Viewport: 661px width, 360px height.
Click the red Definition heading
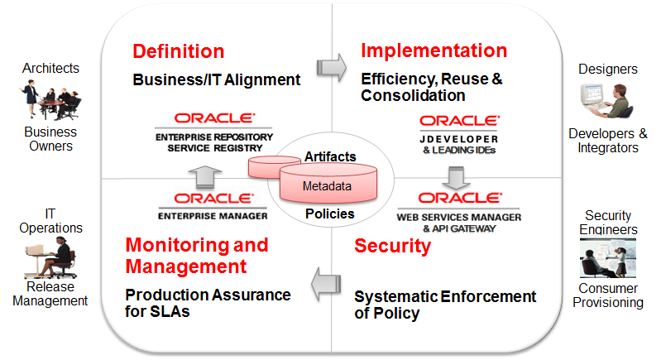[178, 51]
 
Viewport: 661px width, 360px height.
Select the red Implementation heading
[433, 50]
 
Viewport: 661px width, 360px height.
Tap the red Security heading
[392, 246]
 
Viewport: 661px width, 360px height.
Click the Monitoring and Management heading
[196, 255]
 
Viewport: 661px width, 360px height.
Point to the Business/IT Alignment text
[216, 80]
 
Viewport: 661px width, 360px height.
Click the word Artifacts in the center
[330, 156]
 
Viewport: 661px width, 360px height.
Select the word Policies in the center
[329, 214]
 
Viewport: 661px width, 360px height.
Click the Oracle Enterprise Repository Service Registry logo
[213, 132]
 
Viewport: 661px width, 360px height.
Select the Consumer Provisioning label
[607, 295]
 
